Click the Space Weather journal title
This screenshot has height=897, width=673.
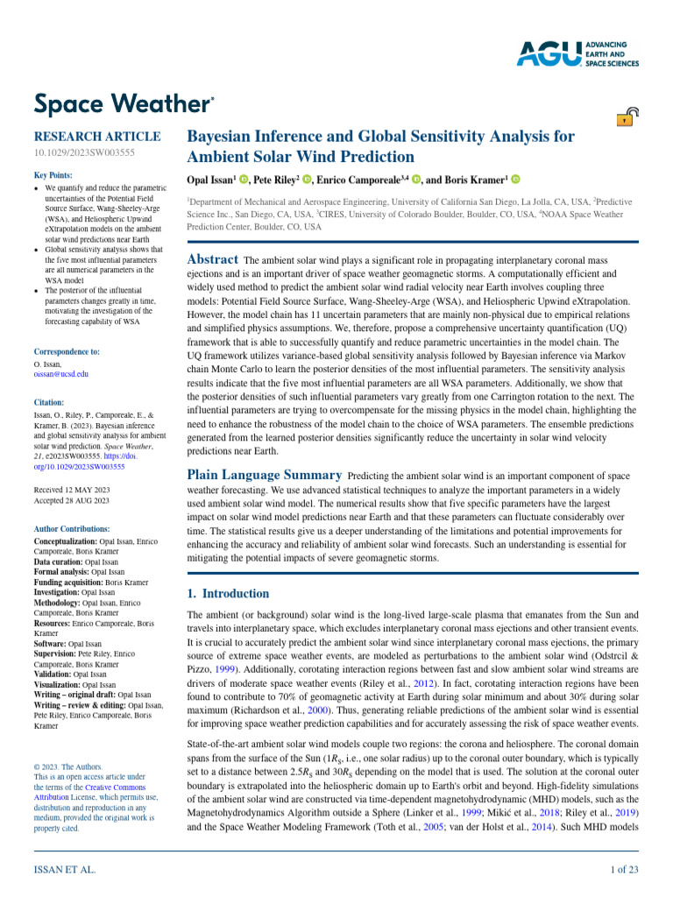(123, 104)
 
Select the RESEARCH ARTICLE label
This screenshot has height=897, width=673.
(96, 137)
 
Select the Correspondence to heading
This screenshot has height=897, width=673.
(67, 351)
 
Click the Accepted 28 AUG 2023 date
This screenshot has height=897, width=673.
(71, 500)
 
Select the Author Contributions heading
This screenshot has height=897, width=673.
(72, 529)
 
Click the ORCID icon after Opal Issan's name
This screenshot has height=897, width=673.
(244, 180)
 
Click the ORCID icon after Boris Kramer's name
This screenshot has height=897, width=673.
(515, 180)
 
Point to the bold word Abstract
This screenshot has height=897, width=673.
(212, 259)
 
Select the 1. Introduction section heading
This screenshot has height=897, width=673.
(229, 593)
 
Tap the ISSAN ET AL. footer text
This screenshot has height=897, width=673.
(65, 869)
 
